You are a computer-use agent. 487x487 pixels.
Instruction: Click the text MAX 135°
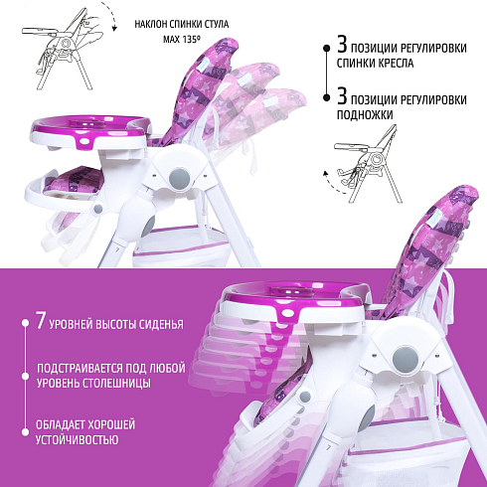coord(182,40)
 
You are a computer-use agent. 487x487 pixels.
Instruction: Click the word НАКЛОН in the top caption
coord(151,24)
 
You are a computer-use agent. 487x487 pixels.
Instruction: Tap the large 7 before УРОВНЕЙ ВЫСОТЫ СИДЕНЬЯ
coord(41,321)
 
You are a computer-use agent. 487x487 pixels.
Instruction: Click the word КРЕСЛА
coord(396,63)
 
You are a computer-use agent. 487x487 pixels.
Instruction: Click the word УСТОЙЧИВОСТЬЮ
coord(77,440)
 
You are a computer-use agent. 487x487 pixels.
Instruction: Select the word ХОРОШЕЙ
coord(110,424)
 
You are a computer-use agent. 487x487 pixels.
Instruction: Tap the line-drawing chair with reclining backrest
coord(63,50)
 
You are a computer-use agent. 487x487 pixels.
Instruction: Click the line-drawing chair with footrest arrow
coord(368,164)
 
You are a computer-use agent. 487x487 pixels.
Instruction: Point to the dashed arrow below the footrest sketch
coord(333,183)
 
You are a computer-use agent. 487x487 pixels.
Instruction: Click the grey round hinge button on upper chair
coord(180,178)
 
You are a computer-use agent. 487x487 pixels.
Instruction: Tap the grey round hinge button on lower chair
coord(404,358)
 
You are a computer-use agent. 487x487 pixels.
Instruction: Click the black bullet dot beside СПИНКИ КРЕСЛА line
coord(327,48)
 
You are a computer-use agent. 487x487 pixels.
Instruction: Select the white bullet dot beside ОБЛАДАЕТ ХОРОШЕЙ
coord(25,432)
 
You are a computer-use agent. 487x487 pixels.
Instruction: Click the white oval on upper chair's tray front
coord(86,141)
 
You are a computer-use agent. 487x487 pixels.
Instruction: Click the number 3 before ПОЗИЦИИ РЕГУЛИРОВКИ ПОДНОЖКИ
coord(342,95)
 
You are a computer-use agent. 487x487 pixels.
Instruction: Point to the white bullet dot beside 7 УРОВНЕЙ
coord(25,322)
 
